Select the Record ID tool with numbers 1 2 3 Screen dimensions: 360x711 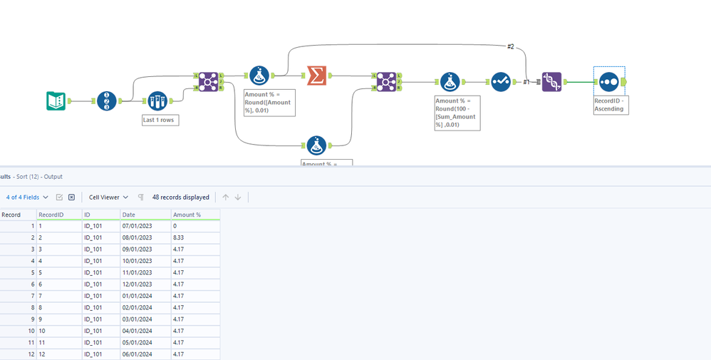coord(107,101)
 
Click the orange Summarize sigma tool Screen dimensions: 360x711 coord(317,75)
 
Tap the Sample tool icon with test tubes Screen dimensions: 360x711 coord(157,101)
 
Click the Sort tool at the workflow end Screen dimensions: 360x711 coord(608,82)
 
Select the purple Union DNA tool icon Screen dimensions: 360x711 coord(551,82)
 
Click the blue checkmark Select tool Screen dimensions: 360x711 coord(501,82)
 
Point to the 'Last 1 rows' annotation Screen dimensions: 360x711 coord(160,120)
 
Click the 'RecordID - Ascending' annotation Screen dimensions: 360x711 coord(609,105)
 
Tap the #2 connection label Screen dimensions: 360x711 coord(510,46)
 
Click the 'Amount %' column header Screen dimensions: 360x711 coord(187,215)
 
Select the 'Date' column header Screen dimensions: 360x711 coord(129,215)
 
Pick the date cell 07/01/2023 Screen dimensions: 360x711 coord(137,226)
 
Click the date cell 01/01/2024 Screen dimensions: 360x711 coord(137,296)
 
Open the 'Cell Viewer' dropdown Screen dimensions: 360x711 coord(108,197)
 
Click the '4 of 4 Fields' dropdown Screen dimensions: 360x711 coord(27,197)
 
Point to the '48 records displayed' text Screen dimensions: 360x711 coord(181,197)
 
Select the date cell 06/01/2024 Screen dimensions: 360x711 coord(137,354)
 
